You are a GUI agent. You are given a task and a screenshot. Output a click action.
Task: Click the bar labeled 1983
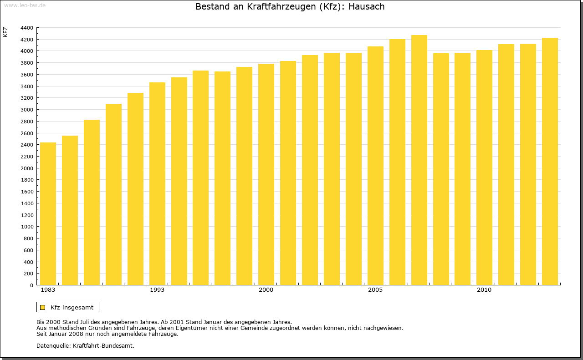click(48, 214)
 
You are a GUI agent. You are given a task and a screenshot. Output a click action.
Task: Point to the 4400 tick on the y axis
click(27, 28)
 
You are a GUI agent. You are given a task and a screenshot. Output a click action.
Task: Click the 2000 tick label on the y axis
click(27, 168)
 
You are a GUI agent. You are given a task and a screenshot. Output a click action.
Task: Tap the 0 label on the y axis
click(31, 285)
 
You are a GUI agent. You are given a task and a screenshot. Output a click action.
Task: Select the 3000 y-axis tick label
click(27, 110)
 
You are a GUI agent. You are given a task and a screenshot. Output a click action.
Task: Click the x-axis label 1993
click(157, 290)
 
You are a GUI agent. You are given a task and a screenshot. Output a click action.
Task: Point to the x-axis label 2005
click(375, 290)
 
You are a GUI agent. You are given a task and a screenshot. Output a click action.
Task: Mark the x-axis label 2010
click(484, 290)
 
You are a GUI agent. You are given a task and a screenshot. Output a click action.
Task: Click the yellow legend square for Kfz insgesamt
click(42, 307)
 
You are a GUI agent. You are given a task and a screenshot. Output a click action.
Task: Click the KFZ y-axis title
click(5, 32)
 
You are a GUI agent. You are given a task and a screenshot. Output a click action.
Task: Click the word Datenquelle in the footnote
click(53, 345)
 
